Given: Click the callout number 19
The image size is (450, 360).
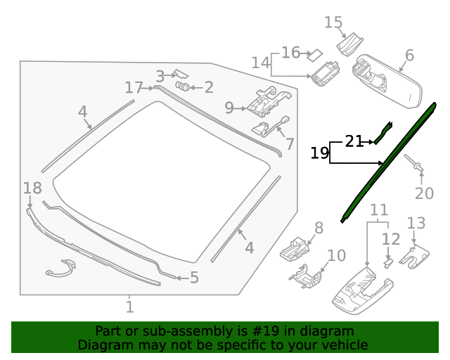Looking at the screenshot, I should pos(320,153).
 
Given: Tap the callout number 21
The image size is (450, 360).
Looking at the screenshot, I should pos(354,141).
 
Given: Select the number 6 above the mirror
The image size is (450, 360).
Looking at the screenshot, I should pos(409,56).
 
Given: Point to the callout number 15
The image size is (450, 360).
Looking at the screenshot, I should pos(333,22).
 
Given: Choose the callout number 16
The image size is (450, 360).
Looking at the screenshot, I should pos(290,53).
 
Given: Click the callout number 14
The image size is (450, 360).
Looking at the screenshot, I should pos(260,63).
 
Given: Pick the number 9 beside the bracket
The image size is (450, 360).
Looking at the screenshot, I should pos(229,108).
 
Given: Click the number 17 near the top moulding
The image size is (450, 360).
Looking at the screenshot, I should pos(134,88).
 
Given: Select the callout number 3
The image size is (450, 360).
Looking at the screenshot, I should pos(160,76).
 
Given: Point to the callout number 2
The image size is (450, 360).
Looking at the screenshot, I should pos(208,87).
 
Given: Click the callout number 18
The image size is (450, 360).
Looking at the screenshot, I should pos(32,188).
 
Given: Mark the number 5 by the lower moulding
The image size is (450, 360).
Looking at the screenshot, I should pos(194,278).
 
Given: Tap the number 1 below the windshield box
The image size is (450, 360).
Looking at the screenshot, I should pos(129,307).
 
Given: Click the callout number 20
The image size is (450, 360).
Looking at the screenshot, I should pos(424,193).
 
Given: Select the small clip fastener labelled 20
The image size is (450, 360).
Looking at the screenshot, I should pos(418,167).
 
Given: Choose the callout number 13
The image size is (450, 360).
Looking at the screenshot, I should pos(416,223).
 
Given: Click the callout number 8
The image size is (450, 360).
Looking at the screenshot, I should pos(319,227).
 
